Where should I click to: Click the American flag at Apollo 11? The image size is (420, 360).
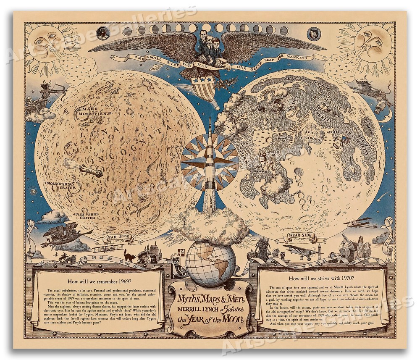point(345,139)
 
